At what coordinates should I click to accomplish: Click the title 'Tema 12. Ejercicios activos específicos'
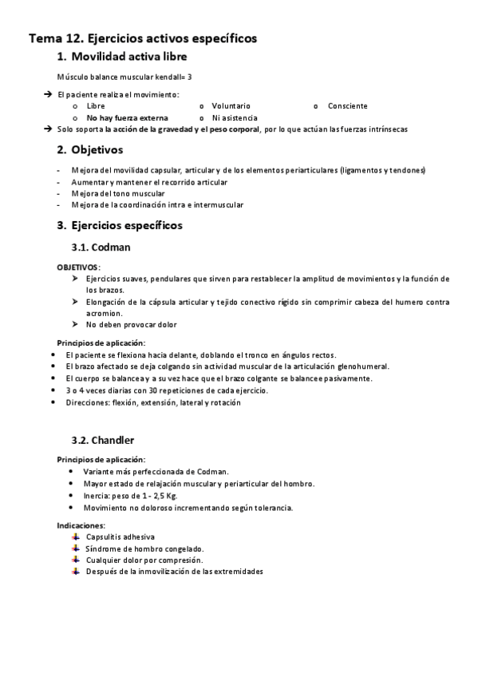point(143,38)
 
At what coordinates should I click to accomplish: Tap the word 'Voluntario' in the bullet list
point(231,105)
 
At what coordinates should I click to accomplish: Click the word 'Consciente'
point(347,105)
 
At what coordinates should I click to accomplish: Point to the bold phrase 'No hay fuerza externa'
point(128,117)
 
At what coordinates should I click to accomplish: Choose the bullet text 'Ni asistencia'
point(235,117)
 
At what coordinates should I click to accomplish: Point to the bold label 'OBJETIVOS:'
point(79,266)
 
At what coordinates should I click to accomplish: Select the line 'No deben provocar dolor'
point(132,324)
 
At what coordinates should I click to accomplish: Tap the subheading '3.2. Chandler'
point(102,440)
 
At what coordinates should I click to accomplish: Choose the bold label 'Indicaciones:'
point(81,525)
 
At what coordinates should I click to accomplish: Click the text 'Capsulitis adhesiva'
point(120,536)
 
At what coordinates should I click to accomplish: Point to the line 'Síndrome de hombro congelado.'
point(144,548)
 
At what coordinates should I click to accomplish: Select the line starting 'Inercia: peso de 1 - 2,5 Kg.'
point(132,496)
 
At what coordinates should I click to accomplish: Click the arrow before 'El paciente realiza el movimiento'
point(49,94)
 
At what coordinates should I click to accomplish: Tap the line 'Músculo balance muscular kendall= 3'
point(124,77)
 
